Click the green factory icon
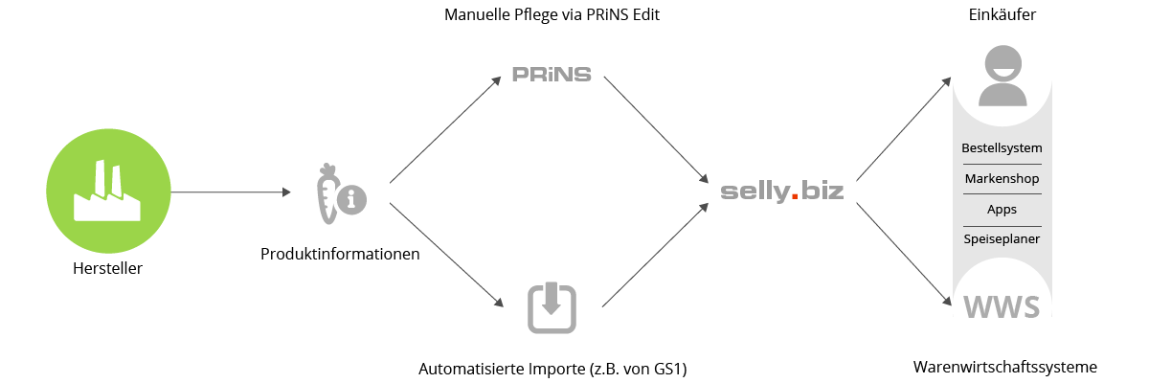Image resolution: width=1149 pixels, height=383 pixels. [108, 191]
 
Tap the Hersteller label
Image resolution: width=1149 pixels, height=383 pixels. [107, 269]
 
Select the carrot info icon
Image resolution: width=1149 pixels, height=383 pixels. [339, 194]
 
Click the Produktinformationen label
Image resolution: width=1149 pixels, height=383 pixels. [340, 255]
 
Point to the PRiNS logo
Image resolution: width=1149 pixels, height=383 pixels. [552, 75]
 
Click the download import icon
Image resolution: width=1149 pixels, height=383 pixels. [552, 308]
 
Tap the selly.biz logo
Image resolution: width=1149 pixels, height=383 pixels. [781, 191]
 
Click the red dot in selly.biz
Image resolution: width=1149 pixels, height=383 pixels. [794, 198]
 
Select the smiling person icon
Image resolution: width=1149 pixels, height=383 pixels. [1002, 79]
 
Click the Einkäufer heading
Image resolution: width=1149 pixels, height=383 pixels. [1002, 15]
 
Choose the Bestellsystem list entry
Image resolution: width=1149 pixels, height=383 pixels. [1002, 148]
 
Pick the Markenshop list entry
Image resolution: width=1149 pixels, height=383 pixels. [1002, 179]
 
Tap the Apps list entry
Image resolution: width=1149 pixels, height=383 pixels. [1002, 209]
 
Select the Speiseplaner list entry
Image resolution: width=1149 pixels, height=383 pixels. [1002, 238]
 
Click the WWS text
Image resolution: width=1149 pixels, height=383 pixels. [1002, 307]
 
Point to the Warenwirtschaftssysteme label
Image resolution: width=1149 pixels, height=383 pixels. [1004, 368]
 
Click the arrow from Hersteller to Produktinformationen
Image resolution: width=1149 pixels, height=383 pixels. [230, 192]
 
